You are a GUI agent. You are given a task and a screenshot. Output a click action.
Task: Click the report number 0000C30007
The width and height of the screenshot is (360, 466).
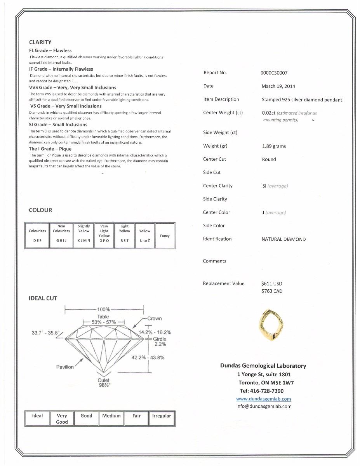[274, 73]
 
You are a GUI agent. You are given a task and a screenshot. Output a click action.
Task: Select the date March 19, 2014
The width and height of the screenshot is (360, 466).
[278, 86]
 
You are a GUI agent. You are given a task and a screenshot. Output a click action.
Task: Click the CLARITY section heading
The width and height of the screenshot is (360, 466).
[40, 42]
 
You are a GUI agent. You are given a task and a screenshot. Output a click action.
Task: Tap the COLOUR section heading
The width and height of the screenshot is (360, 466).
[40, 210]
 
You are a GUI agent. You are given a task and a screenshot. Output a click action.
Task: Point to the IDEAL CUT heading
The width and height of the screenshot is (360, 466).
[43, 298]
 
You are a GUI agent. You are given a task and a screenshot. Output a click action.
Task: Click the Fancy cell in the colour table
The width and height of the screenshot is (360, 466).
[165, 236]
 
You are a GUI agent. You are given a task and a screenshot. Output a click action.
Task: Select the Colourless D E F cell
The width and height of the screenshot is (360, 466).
[37, 235]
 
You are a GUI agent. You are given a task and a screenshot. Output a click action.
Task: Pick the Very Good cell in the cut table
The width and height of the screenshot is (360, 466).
[62, 419]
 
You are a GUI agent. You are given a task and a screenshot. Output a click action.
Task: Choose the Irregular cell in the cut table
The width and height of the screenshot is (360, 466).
[162, 416]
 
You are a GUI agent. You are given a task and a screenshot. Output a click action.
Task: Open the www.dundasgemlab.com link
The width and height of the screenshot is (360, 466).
[263, 399]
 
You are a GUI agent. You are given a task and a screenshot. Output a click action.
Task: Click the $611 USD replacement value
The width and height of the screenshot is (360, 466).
[272, 284]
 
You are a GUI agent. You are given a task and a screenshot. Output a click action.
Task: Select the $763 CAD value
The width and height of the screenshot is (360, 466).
[272, 291]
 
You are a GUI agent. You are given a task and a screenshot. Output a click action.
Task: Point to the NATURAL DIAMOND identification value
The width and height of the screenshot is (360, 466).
[283, 239]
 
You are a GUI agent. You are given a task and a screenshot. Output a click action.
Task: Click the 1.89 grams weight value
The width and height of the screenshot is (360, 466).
[274, 146]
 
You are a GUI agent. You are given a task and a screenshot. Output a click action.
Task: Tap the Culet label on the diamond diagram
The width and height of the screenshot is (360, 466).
[104, 380]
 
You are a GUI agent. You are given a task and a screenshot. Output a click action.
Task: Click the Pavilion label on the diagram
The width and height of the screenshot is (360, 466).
[65, 367]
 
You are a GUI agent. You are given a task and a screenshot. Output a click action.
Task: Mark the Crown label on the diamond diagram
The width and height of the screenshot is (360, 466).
[154, 318]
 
